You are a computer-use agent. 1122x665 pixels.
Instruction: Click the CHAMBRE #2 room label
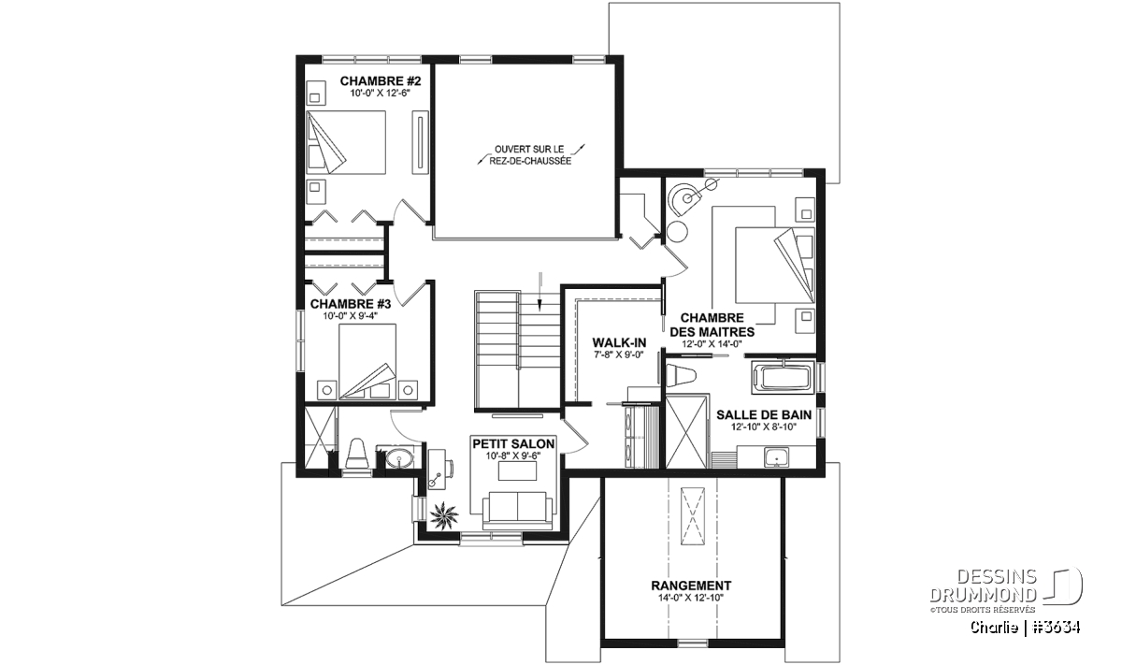click(x=381, y=81)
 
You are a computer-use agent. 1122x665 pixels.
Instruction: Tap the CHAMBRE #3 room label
click(x=350, y=304)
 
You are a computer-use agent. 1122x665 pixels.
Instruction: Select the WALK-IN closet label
click(x=619, y=342)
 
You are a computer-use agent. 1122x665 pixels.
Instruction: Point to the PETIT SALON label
click(x=513, y=444)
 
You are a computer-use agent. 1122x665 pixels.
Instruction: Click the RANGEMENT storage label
click(x=691, y=585)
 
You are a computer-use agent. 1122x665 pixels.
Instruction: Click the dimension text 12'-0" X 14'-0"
click(x=712, y=344)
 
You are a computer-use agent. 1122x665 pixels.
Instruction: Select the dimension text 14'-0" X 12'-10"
click(x=691, y=598)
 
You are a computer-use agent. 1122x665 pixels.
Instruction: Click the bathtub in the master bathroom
click(x=782, y=378)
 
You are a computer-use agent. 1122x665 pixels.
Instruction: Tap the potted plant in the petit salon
click(x=443, y=514)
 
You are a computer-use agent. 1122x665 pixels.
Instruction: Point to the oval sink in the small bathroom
click(x=398, y=458)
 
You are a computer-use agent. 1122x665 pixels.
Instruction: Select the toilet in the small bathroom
click(x=357, y=454)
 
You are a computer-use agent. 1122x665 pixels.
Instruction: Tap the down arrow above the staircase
click(x=539, y=292)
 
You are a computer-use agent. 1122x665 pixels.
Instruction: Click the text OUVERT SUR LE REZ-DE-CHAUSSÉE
click(x=529, y=155)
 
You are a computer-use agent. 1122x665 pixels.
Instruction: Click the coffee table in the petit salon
click(x=517, y=470)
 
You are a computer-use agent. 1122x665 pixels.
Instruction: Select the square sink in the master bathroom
click(x=776, y=457)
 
